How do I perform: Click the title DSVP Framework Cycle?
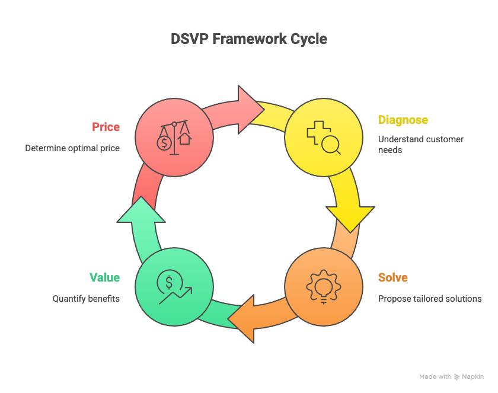point(248,39)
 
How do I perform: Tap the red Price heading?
point(106,127)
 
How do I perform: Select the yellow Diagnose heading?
point(403,120)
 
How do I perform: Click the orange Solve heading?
point(392,277)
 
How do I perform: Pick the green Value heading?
point(104,277)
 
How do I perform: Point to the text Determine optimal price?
point(72,148)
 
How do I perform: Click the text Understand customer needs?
point(420,145)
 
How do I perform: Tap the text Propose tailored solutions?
point(430,299)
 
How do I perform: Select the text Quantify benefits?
point(86,299)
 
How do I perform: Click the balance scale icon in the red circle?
point(174,138)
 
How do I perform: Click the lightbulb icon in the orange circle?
point(323,287)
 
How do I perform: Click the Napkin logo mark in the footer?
point(457,377)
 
